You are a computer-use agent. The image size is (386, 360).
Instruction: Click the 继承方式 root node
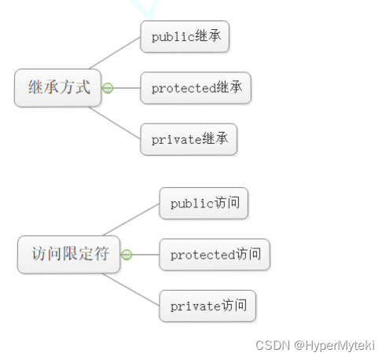(x=57, y=88)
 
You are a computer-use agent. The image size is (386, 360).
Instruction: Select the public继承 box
(x=185, y=36)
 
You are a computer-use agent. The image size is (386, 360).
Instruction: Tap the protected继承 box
(x=196, y=88)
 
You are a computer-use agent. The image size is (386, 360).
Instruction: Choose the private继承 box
(x=189, y=139)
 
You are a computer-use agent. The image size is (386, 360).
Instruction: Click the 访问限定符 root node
(x=68, y=255)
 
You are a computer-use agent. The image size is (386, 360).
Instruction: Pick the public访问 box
(x=204, y=203)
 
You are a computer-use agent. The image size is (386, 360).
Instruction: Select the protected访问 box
(x=215, y=255)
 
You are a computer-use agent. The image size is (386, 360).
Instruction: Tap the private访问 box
(x=208, y=306)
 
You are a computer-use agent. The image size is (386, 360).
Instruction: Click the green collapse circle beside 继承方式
(x=108, y=88)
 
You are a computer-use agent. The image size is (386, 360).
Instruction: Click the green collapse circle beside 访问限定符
(x=127, y=255)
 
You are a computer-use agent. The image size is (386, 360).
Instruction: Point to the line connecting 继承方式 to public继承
(x=115, y=53)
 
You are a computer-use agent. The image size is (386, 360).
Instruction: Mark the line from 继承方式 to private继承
(x=114, y=123)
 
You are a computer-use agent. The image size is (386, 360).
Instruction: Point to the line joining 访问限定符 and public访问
(x=131, y=219)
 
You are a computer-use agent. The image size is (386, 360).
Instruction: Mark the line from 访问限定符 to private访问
(x=131, y=289)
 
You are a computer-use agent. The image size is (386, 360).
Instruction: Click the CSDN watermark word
(x=273, y=345)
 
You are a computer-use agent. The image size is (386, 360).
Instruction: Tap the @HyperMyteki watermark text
(x=334, y=346)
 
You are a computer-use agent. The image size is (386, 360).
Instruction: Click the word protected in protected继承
(x=184, y=89)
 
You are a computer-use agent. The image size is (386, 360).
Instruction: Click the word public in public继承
(x=173, y=37)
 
